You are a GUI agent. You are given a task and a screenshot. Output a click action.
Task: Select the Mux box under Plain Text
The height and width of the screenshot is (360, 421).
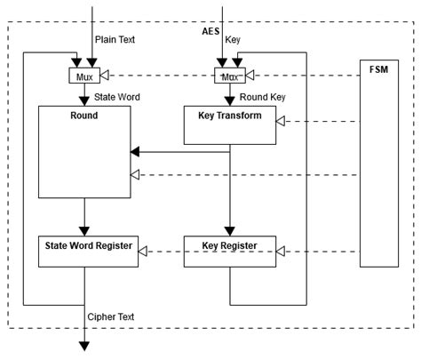pos(84,76)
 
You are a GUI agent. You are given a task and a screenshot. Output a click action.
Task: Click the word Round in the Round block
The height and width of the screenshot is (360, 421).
pos(84,116)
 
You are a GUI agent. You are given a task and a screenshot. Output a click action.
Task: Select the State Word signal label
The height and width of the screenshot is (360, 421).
pos(117,96)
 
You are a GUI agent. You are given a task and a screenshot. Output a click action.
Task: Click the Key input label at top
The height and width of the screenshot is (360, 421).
pos(233,40)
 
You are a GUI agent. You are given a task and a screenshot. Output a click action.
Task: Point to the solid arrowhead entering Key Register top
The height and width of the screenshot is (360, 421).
pos(231,230)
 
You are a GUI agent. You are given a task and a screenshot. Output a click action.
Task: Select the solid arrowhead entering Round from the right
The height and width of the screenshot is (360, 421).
pos(137,151)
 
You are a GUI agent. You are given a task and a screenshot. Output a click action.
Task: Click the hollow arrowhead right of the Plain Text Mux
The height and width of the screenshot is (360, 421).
pos(105,76)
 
